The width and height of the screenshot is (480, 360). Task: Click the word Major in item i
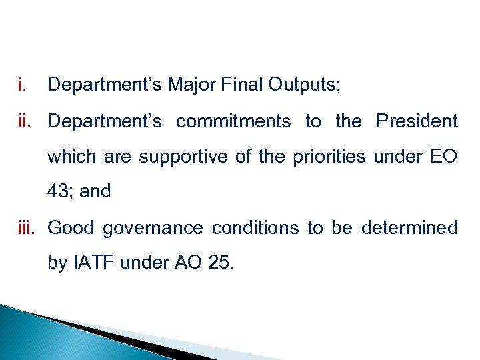[184, 85]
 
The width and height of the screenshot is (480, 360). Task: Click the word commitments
[233, 121]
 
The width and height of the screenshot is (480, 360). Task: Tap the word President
[417, 121]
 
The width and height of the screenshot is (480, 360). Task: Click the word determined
[409, 228]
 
